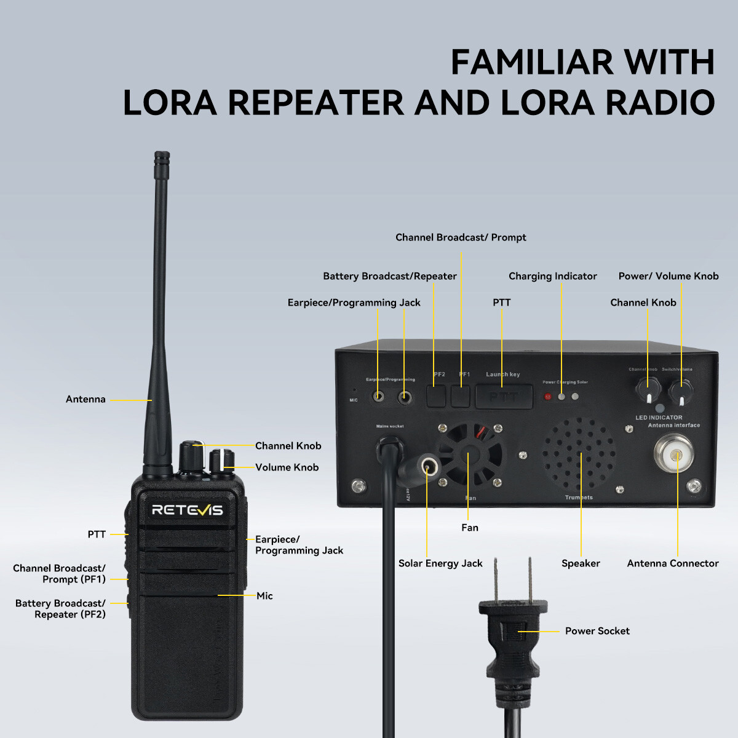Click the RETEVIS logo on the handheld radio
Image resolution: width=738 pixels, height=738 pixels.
187,510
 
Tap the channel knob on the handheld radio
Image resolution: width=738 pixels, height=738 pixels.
191,456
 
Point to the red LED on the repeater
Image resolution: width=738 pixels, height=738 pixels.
548,397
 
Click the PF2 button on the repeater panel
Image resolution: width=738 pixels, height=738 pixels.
436,395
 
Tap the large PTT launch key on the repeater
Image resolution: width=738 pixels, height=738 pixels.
504,397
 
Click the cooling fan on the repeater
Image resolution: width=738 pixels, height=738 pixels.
469,454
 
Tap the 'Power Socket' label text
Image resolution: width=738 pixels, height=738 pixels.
597,631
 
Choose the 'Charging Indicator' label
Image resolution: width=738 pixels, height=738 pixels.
552,276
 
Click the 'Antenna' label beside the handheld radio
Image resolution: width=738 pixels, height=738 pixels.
85,399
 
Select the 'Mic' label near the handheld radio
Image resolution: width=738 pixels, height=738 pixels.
264,595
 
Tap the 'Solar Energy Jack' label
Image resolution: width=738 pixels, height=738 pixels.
440,563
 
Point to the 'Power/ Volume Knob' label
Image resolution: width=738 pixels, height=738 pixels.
669,276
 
